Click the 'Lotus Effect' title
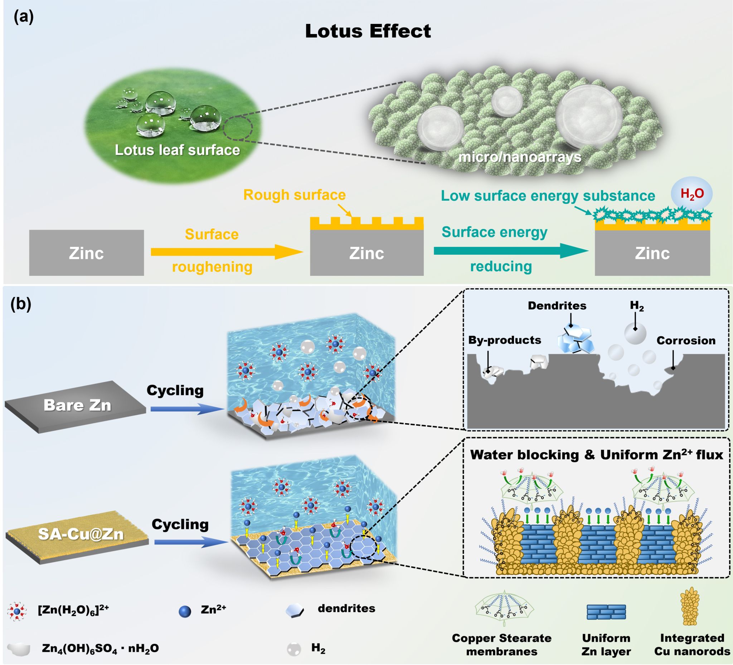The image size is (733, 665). tap(368, 31)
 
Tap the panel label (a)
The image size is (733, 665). tap(24, 17)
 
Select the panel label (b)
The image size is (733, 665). tap(21, 304)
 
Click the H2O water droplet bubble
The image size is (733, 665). tap(691, 194)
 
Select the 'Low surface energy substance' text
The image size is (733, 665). tap(548, 196)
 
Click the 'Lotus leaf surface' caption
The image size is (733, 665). tap(178, 150)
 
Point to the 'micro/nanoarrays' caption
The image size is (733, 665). tap(520, 157)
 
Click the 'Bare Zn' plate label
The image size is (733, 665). tap(77, 405)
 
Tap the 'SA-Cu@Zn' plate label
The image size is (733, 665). tap(81, 534)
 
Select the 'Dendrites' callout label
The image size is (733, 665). tap(557, 305)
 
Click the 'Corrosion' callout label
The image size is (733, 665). tap(686, 341)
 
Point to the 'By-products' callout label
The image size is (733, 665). tap(504, 340)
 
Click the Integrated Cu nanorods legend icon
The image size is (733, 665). tap(690, 607)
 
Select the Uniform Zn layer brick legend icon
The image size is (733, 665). tap(606, 612)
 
